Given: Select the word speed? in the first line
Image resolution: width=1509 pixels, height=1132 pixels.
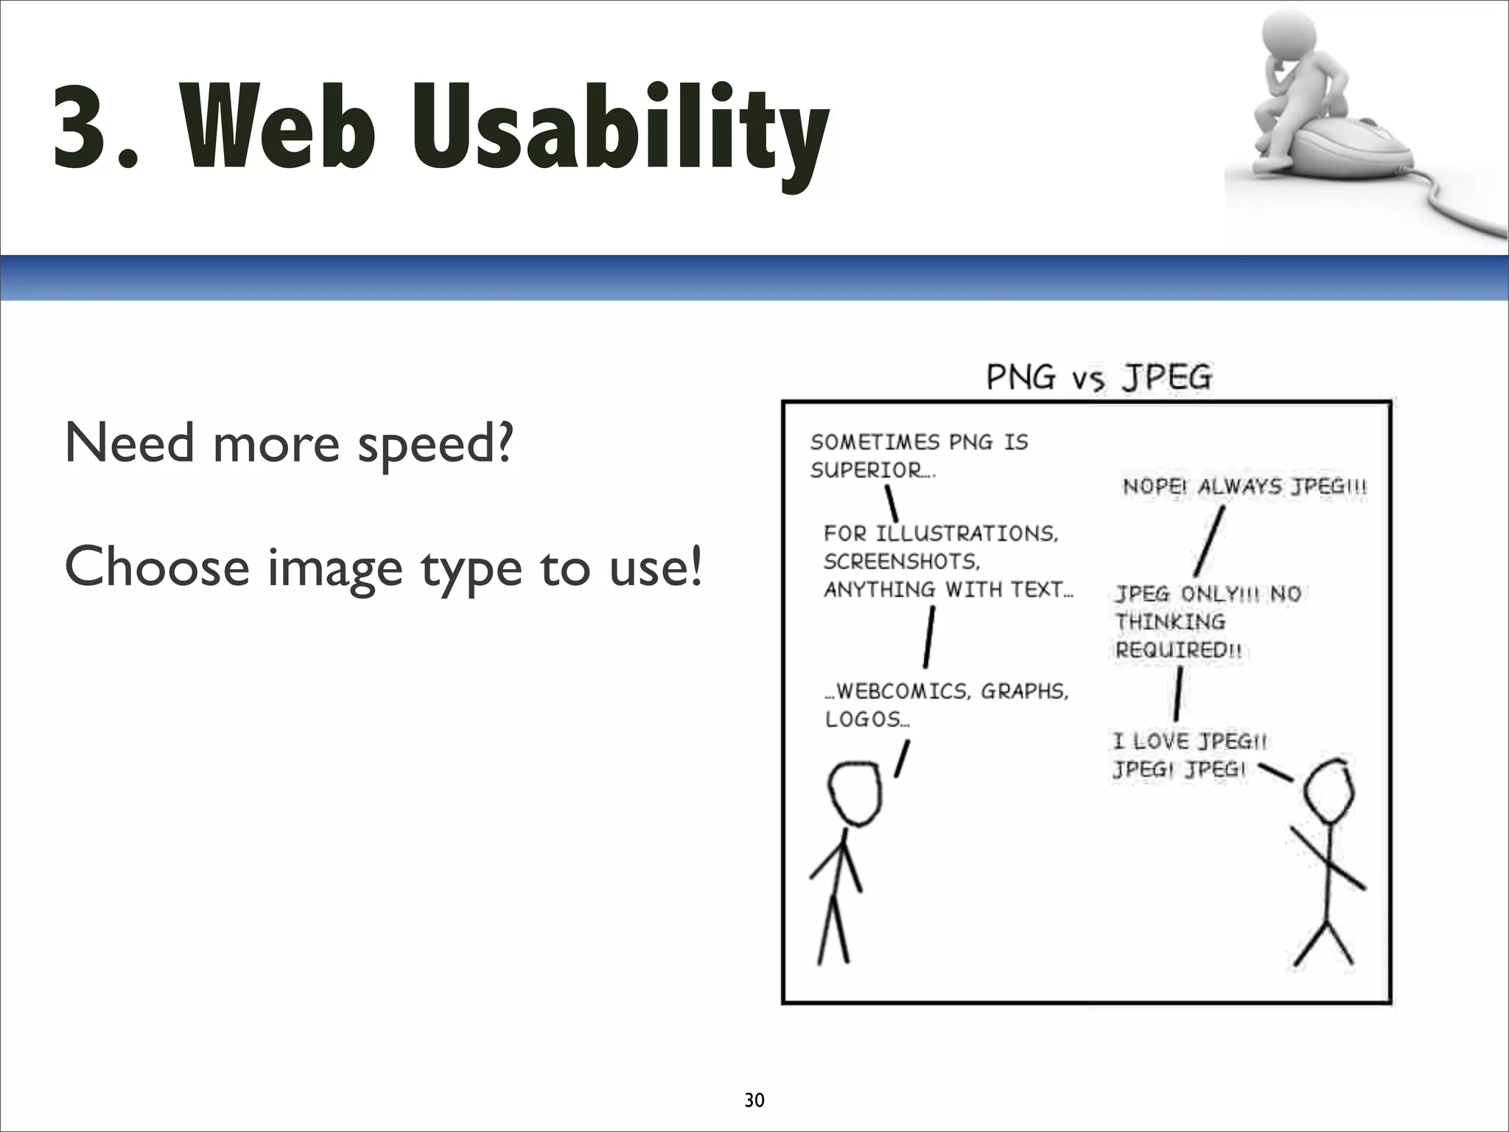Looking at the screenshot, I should tap(435, 444).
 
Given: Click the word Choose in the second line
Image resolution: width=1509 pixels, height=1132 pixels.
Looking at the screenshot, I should tap(157, 567).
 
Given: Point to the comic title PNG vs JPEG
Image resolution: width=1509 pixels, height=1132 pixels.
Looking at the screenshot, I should tap(1099, 378).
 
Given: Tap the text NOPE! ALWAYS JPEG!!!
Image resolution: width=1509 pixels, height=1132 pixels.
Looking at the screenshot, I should tap(1244, 486).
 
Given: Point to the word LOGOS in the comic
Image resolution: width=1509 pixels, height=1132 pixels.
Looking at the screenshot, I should tap(864, 719).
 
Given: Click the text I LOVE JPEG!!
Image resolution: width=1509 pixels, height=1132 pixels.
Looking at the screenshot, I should tap(1189, 741).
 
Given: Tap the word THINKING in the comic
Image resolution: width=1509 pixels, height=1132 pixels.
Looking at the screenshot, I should tap(1170, 622).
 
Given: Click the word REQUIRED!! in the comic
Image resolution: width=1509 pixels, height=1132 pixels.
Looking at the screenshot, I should tap(1178, 650).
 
